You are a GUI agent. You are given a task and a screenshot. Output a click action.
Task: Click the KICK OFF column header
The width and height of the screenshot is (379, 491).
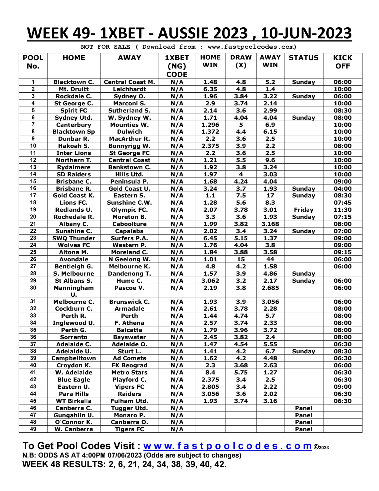(x=342, y=62)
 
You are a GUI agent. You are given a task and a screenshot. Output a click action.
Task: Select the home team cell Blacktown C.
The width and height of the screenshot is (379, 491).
(x=74, y=82)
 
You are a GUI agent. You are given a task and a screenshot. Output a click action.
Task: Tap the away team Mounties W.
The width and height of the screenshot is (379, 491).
(x=129, y=125)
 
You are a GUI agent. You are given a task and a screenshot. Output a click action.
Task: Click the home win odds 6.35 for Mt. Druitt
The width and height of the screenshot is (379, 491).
(x=210, y=89)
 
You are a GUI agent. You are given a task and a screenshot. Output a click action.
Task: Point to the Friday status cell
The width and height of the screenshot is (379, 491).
(x=303, y=210)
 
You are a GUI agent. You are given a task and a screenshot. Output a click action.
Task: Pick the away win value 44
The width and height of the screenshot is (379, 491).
(x=270, y=259)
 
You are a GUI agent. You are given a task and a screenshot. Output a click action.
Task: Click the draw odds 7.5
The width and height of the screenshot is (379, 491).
(x=241, y=196)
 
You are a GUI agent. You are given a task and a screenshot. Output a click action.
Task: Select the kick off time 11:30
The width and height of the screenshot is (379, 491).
(x=342, y=210)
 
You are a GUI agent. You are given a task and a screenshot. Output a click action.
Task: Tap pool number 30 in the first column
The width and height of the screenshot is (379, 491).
(x=33, y=288)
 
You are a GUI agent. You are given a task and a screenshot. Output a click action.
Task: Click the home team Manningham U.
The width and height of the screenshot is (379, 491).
(x=74, y=291)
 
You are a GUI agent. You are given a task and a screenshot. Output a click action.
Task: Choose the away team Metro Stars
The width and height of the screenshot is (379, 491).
(x=129, y=373)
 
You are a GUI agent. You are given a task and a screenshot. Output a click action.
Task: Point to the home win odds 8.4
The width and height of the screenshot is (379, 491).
(x=210, y=373)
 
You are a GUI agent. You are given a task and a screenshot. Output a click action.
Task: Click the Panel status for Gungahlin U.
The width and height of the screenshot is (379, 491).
(x=303, y=415)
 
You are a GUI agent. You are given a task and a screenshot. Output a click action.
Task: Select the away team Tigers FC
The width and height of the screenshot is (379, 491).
(x=129, y=429)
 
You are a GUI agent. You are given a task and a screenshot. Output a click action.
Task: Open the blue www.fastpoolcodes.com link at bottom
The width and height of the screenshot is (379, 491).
(x=228, y=446)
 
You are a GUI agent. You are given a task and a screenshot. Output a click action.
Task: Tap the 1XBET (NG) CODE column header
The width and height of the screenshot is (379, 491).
(x=177, y=66)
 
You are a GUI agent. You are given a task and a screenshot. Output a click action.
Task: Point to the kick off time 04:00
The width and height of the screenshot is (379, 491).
(x=342, y=189)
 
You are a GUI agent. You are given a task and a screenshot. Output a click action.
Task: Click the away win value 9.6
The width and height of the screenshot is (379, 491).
(x=270, y=160)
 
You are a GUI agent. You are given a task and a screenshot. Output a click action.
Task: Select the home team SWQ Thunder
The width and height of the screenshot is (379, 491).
(x=74, y=238)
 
